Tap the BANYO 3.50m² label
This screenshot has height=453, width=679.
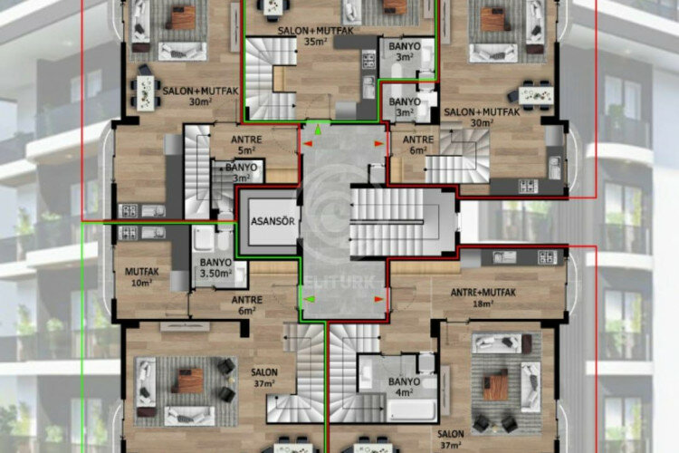[x=215, y=267]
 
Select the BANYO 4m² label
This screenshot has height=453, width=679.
[x=404, y=387]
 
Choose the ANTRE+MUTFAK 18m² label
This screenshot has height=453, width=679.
[x=483, y=298]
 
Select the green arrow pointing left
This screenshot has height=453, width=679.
[x=309, y=298]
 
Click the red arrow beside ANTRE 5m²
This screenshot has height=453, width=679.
[x=308, y=143]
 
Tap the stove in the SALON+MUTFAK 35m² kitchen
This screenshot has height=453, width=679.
[x=368, y=62]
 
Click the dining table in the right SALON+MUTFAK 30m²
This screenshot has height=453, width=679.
[x=535, y=92]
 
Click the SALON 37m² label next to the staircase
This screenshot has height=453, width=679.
[x=264, y=378]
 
